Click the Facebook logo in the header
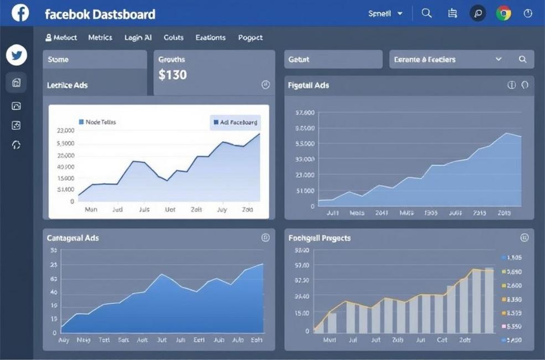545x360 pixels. pos(20,13)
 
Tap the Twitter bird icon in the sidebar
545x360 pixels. pos(17,55)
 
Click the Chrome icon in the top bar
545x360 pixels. pos(503,13)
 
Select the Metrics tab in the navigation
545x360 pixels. pos(100,38)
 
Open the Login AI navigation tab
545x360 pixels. pos(138,38)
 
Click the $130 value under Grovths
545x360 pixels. pos(172,75)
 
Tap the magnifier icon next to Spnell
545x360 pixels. pos(426,13)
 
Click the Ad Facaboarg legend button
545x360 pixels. pos(235,122)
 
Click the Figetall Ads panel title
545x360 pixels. pos(309,85)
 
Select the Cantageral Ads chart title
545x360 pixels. pos(73,238)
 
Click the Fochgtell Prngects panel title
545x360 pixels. pos(320,238)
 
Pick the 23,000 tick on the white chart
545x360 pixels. pos(65,131)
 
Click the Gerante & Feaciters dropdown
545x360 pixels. pos(448,59)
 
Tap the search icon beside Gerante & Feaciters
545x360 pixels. pos(522,59)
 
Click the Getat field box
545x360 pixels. pos(333,59)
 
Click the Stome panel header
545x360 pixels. pos(94,59)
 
